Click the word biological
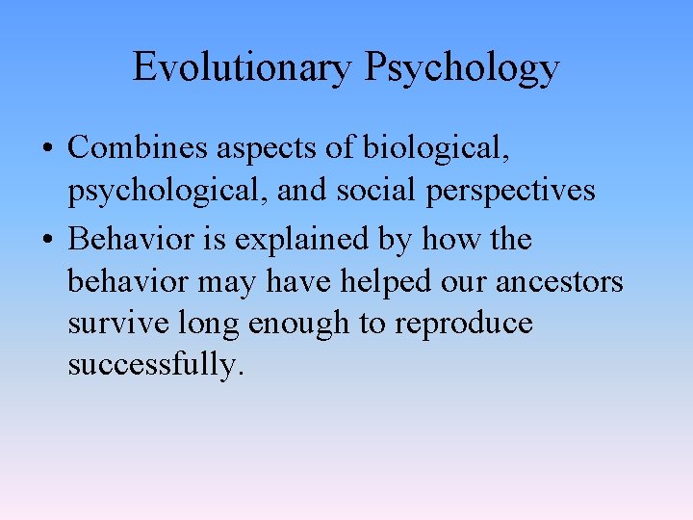coord(436,149)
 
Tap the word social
coord(372,191)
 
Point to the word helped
coord(383,281)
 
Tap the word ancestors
coord(558,282)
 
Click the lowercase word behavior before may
coord(129,281)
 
